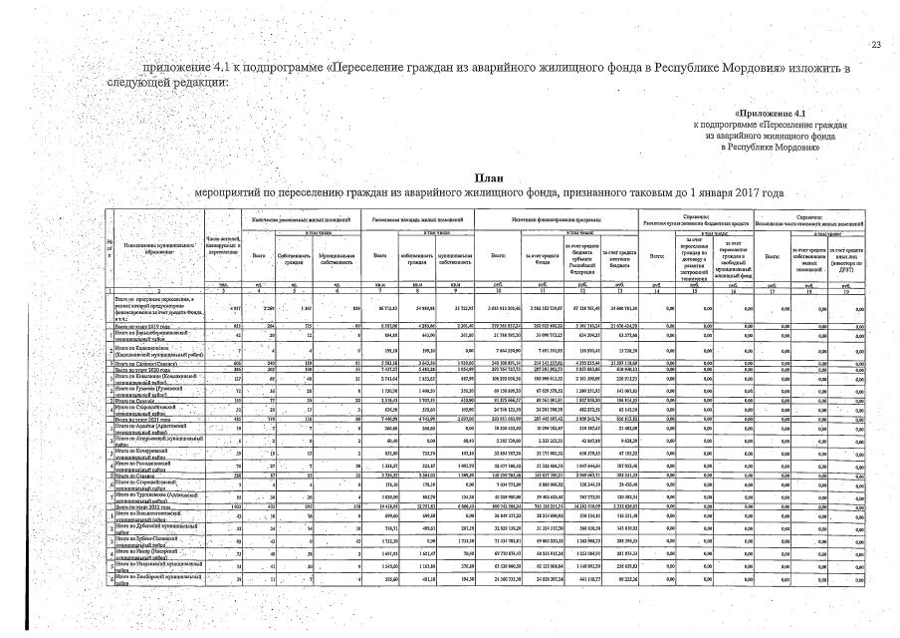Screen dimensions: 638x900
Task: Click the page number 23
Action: pos(876,45)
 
